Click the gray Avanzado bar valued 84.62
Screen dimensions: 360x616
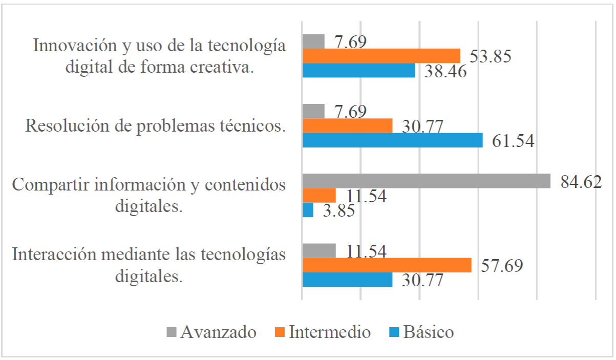426,181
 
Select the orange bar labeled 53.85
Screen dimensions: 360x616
381,56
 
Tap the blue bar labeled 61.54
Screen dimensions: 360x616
392,140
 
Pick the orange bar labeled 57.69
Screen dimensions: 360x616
387,265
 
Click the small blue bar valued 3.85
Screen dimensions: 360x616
308,210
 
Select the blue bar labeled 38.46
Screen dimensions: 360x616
358,71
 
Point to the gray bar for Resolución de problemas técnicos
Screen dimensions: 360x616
313,111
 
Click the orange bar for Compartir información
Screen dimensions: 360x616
319,196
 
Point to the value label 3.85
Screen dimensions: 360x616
338,211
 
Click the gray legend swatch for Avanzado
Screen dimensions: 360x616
172,332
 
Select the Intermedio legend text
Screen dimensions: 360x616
330,332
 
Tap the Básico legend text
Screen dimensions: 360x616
429,332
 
